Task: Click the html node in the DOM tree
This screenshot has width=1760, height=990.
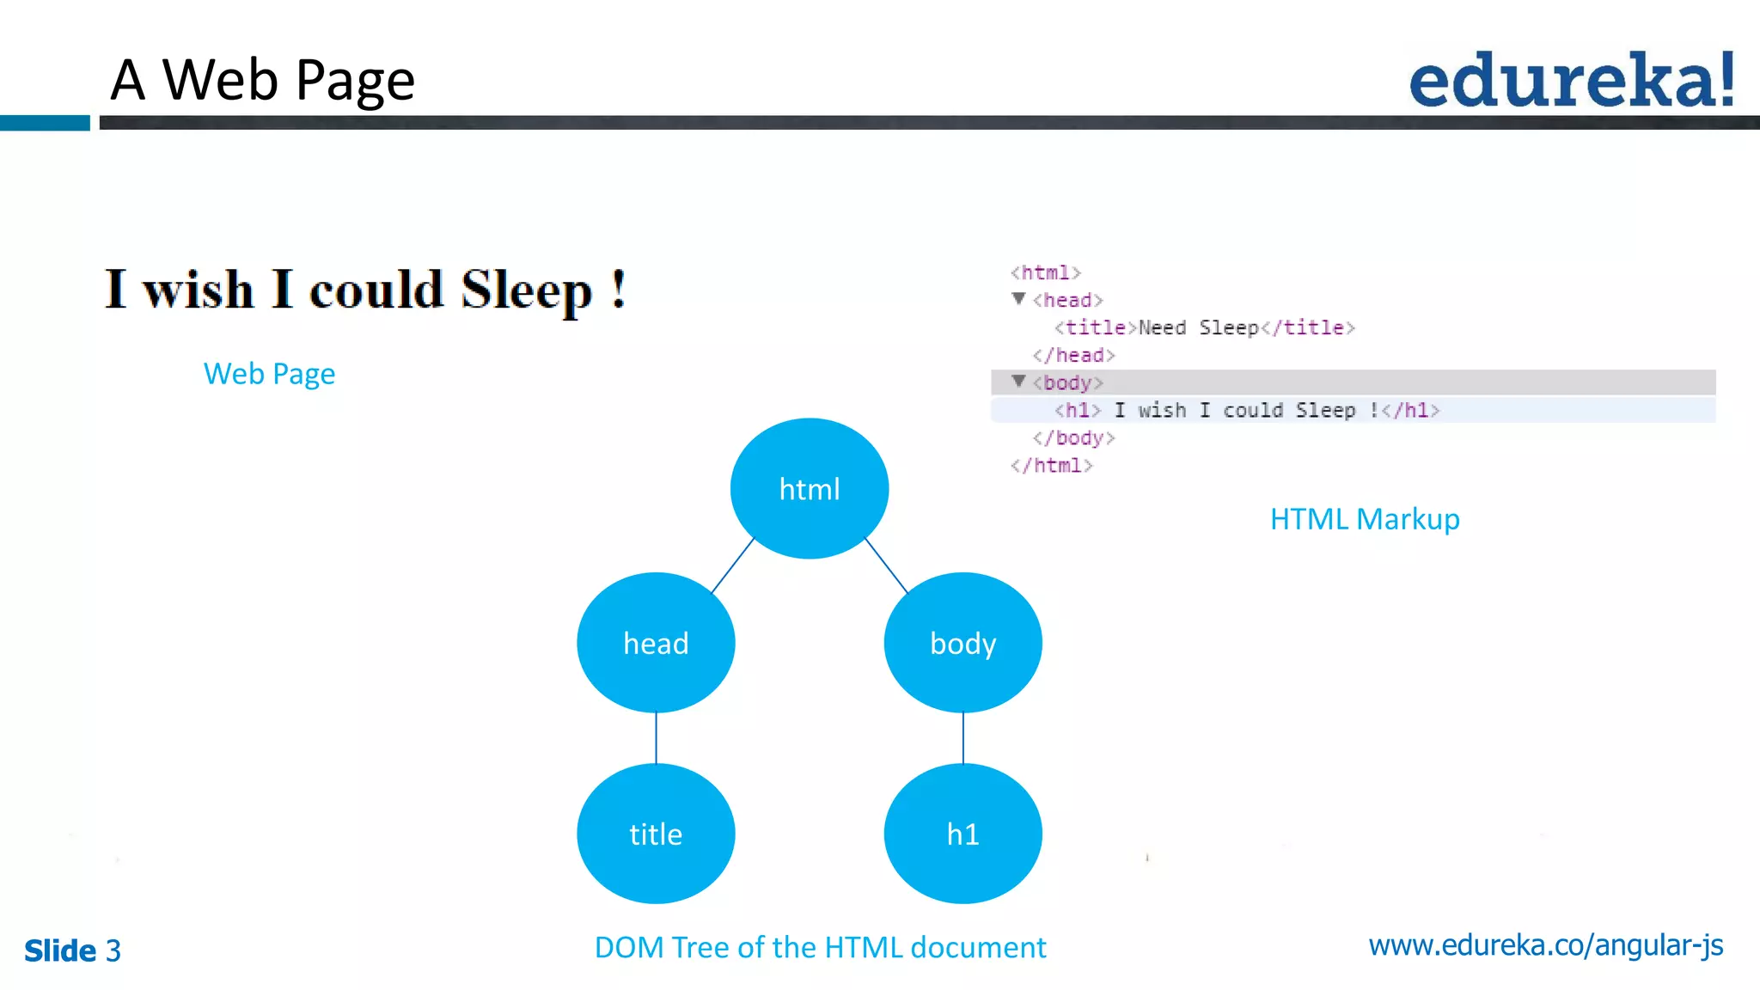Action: (x=809, y=488)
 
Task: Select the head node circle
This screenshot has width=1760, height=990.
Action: (x=656, y=643)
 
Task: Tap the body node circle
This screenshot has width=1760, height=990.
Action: (x=962, y=643)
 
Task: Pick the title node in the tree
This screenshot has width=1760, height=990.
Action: (x=656, y=834)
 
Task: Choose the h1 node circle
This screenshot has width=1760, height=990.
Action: (x=962, y=834)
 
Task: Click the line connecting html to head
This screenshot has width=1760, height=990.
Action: (x=732, y=565)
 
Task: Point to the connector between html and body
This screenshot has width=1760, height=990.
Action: (x=886, y=565)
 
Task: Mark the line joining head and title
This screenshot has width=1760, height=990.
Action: (x=656, y=737)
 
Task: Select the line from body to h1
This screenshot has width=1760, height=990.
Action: (x=963, y=737)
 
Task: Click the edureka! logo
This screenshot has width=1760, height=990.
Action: (x=1572, y=81)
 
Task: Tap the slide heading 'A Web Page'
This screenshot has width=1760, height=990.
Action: (x=263, y=80)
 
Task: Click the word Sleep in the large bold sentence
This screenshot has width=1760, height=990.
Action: (x=526, y=290)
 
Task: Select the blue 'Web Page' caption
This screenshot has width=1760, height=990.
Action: (x=269, y=374)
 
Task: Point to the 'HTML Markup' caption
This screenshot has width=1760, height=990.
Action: (x=1365, y=519)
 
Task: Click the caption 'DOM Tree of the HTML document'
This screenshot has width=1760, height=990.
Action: (x=820, y=947)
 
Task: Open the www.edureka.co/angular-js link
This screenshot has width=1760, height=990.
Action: (x=1545, y=945)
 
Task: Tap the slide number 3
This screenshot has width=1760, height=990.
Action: (x=113, y=950)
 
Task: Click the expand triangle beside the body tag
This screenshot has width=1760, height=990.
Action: (x=1018, y=381)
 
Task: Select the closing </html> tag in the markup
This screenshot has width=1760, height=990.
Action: (x=1051, y=466)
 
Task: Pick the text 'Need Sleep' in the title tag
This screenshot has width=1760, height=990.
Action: (x=1198, y=327)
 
